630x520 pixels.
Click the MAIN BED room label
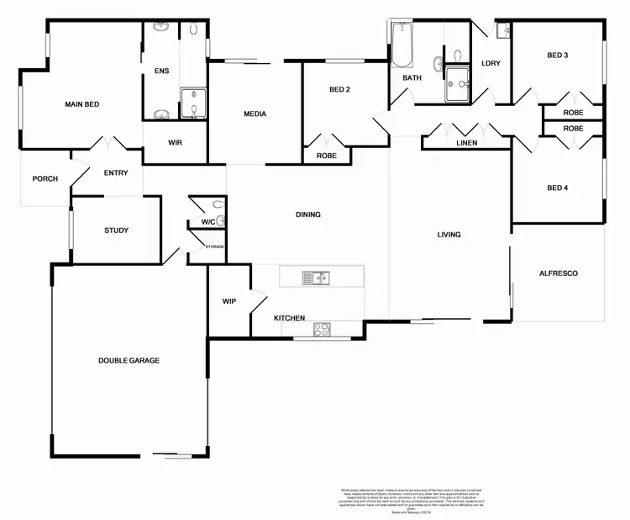(83, 105)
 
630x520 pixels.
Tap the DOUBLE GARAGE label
(129, 360)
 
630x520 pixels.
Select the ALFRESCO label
(559, 273)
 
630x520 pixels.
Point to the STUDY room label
(116, 231)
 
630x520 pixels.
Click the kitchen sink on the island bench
(317, 277)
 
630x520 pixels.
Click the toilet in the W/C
(220, 221)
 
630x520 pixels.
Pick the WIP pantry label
(228, 300)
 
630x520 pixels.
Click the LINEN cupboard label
(467, 143)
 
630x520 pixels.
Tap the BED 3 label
(558, 56)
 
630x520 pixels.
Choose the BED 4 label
(558, 188)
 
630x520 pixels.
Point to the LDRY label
(491, 64)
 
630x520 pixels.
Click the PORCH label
(45, 178)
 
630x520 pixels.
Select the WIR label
(175, 142)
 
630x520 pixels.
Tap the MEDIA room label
(255, 114)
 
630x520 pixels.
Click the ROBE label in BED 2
(327, 156)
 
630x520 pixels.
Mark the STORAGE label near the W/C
(216, 247)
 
